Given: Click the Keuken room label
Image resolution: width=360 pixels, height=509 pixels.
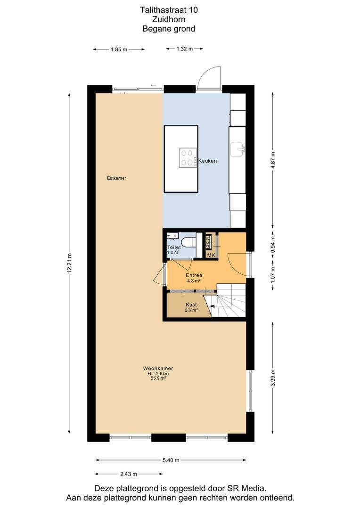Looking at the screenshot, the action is click(x=207, y=161).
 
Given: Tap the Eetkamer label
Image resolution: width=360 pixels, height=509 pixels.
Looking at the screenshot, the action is click(x=116, y=178).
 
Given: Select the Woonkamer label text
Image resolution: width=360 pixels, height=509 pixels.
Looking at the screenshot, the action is click(x=158, y=369).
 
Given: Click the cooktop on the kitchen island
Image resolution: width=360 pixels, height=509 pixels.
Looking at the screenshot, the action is click(x=188, y=157).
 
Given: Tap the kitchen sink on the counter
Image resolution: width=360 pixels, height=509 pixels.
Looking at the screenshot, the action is click(x=237, y=149).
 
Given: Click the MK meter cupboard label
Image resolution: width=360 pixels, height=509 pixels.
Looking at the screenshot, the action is click(x=211, y=255).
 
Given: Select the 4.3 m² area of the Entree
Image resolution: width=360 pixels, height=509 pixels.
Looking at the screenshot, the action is click(x=194, y=281).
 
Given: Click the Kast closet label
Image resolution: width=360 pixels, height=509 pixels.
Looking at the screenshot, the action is click(x=191, y=305).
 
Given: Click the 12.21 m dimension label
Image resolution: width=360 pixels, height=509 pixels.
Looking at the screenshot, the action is click(x=69, y=263).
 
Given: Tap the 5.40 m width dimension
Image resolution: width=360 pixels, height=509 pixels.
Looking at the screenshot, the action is click(x=171, y=460).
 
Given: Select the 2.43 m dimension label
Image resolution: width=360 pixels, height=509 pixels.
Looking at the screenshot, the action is click(x=129, y=474).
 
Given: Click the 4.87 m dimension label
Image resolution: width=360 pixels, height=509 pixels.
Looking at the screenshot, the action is click(x=273, y=160).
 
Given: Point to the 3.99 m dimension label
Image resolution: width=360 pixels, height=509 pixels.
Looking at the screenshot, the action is click(x=273, y=378).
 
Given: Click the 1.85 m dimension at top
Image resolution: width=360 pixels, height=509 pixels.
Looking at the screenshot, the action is click(x=119, y=49).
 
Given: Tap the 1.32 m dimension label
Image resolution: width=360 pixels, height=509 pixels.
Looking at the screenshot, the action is click(x=185, y=49).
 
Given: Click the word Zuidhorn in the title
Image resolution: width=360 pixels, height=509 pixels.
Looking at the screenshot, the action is click(x=169, y=19).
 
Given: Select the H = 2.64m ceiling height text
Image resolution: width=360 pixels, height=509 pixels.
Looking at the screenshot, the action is click(x=158, y=374).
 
